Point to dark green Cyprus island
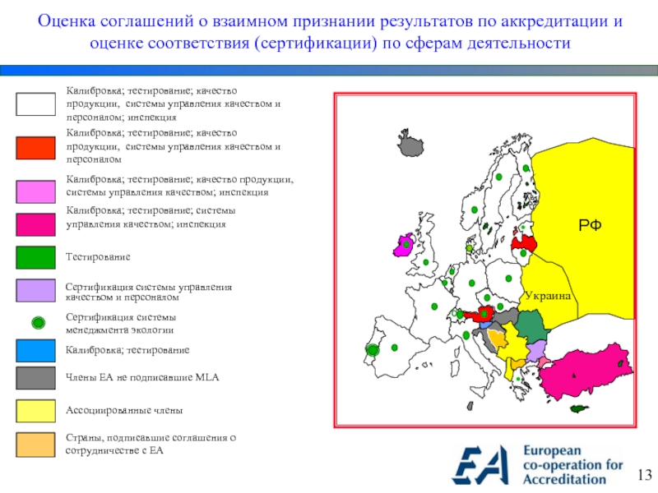581,408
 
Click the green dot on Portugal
372,350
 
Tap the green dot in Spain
395,348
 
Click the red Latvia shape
524,242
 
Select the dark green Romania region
531,326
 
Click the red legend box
35,148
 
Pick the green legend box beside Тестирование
35,258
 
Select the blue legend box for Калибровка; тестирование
35,351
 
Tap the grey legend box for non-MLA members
35,378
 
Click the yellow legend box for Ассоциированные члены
35,410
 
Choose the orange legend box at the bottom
35,444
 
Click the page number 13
643,475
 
